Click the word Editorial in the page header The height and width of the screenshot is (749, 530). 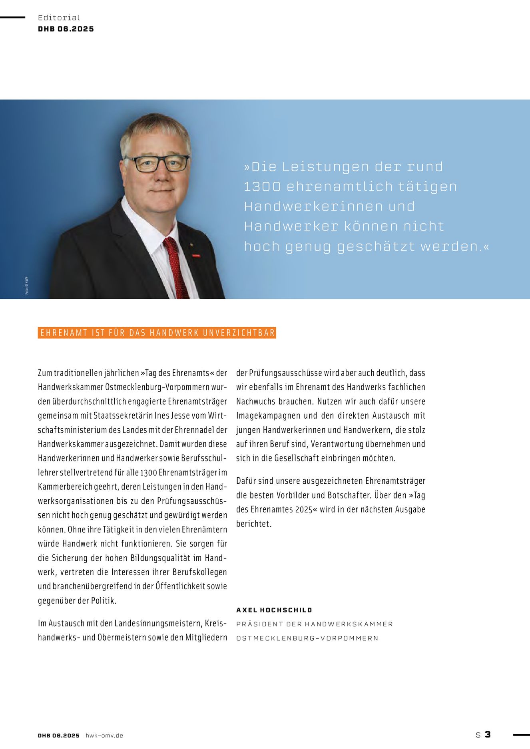[59, 18]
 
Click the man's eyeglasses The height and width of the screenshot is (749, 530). [157, 163]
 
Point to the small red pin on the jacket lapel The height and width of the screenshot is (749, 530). [196, 255]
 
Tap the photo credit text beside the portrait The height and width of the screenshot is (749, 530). [27, 286]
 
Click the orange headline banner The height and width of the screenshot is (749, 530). [157, 333]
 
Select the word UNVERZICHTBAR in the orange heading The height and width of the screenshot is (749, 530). [239, 333]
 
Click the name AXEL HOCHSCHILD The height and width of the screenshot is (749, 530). [274, 610]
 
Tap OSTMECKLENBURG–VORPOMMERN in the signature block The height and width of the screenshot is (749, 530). [307, 638]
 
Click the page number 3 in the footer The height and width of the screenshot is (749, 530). [488, 734]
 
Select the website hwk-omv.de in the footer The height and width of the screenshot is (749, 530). [104, 735]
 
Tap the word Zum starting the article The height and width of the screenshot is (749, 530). [45, 373]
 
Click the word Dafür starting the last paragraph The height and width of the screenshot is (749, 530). [246, 481]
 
